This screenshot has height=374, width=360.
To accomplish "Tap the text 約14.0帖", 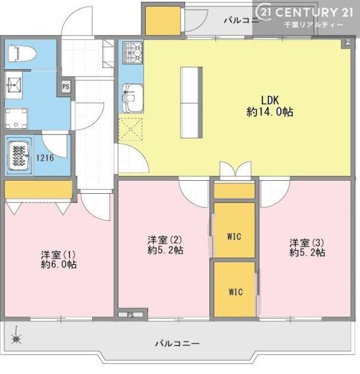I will tap(270, 112).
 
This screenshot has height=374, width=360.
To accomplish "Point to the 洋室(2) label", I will tap(165, 239).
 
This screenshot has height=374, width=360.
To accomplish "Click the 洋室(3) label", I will tap(307, 242).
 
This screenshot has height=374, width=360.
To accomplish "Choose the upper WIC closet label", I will tap(234, 236).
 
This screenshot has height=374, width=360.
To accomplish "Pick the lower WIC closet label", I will tap(235, 292).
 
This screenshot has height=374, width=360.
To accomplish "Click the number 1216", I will tap(45, 158).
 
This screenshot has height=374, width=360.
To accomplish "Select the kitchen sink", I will tap(132, 100).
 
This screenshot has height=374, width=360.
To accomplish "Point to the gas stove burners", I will tap(131, 53).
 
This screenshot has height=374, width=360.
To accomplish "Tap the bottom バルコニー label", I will tap(177, 343).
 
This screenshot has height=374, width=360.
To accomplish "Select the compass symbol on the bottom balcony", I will tap(17, 338).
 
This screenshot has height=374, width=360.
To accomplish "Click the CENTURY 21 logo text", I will tap(308, 11).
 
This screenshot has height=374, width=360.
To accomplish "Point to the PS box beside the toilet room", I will tap(65, 87).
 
